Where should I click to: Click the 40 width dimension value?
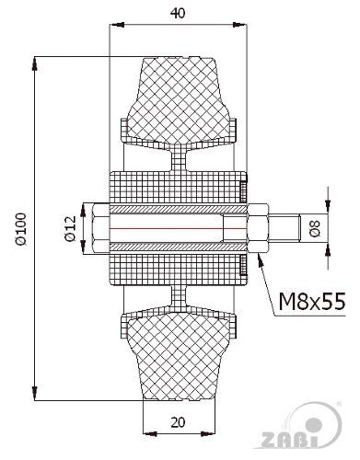point(178,13)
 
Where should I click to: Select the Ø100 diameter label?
point(22,229)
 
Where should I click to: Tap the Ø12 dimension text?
point(71,228)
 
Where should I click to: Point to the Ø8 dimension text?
point(315,228)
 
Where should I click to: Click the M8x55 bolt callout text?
point(312,301)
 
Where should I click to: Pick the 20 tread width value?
point(178,422)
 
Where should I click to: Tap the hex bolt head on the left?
point(100,229)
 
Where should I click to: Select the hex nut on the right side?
point(258,229)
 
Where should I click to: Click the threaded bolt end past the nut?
point(285,229)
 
